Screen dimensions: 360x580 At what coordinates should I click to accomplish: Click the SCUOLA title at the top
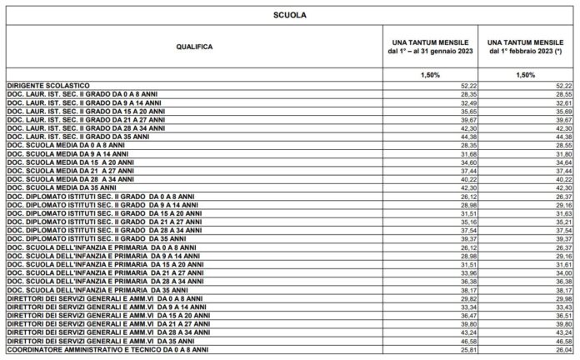(289, 14)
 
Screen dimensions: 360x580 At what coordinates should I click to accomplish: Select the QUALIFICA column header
(193, 47)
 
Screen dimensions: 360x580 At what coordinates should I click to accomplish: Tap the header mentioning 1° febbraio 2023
(527, 47)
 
